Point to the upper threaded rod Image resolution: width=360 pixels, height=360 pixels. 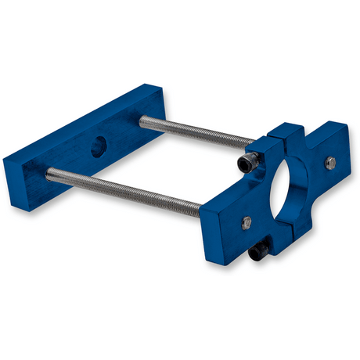pos(196,132)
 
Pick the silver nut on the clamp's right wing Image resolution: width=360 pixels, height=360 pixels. pos(331,163)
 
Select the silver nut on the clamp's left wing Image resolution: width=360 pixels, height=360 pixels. pos(247,221)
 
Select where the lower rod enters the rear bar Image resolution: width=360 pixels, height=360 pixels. pos(52,171)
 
